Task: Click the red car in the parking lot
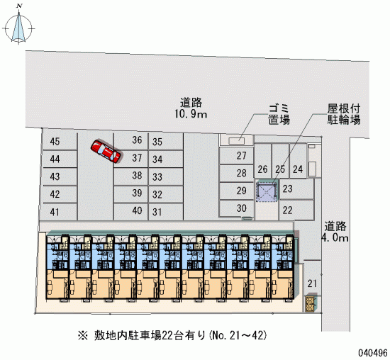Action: [106, 152]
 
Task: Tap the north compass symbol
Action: [18, 26]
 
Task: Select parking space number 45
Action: [60, 142]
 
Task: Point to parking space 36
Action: [131, 141]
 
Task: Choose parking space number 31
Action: [166, 212]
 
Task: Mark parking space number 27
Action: [236, 156]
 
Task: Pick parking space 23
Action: [296, 189]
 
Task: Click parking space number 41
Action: [60, 212]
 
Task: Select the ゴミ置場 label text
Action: [279, 114]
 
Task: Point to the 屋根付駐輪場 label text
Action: [343, 114]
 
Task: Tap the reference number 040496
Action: [373, 352]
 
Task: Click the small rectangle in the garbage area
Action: [237, 141]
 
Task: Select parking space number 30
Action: [236, 208]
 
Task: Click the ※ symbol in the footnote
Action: [83, 336]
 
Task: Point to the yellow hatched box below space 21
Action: [310, 304]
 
